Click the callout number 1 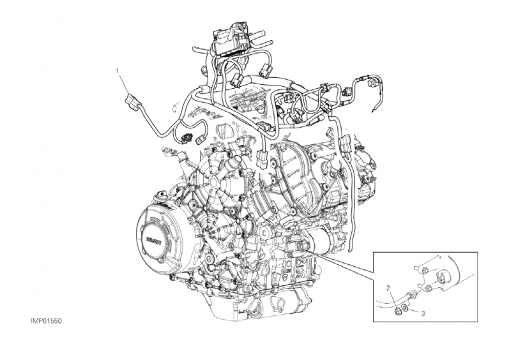click(118, 70)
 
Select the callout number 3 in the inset click(423, 313)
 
